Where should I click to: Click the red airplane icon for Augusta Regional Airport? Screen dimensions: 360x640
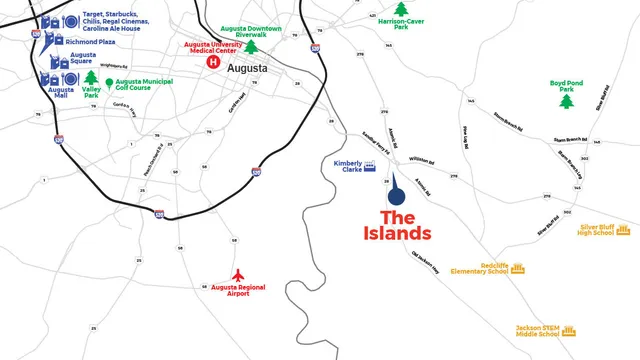pos(237,273)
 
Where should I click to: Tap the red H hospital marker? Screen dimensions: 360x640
pos(212,62)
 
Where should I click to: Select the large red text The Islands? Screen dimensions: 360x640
pos(396,225)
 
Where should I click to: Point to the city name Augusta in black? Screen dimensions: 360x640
pos(248,68)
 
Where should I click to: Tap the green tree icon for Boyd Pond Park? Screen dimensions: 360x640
pos(567,101)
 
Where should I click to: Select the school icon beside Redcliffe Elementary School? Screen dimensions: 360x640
pos(518,268)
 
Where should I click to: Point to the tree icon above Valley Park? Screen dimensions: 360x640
pos(91,77)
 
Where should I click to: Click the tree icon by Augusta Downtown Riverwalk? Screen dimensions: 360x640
pos(252,46)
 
